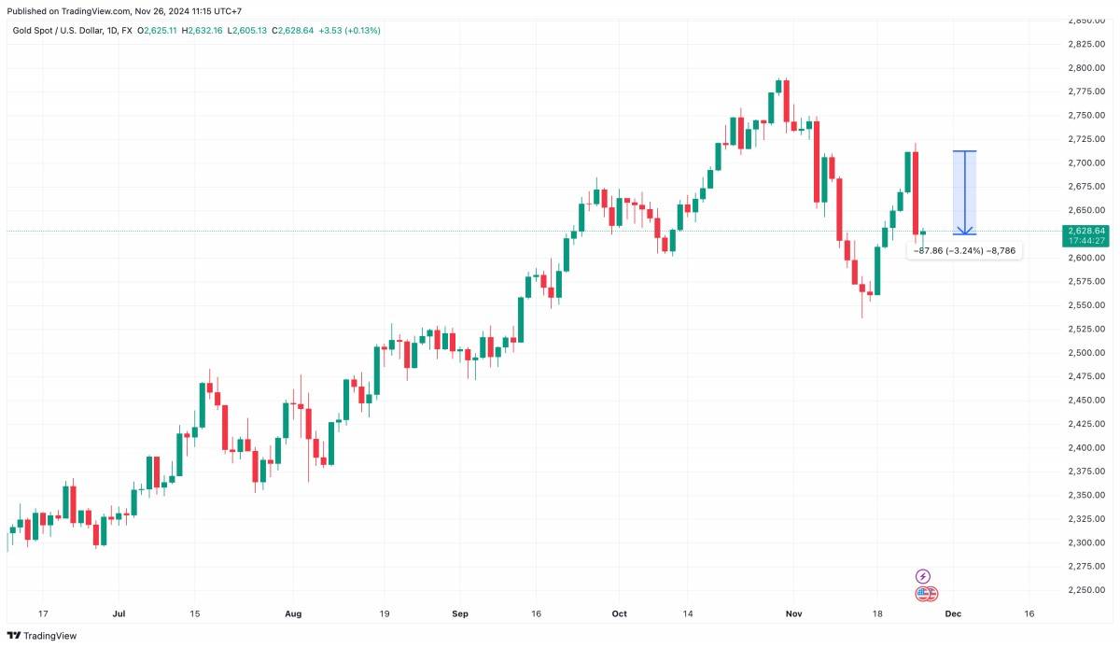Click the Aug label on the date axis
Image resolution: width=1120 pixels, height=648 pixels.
pyautogui.click(x=293, y=613)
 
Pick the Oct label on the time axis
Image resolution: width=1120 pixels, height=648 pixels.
pyautogui.click(x=620, y=613)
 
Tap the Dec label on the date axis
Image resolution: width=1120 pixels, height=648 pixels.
pyautogui.click(x=953, y=613)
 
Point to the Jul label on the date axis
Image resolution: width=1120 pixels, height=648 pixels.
pyautogui.click(x=119, y=613)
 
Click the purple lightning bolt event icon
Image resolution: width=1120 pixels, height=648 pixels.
pyautogui.click(x=923, y=576)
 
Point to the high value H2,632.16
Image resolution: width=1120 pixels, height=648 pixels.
pyautogui.click(x=204, y=31)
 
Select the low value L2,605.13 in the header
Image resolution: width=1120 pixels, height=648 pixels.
pyautogui.click(x=247, y=31)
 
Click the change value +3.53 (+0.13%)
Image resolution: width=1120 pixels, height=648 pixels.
pyautogui.click(x=349, y=31)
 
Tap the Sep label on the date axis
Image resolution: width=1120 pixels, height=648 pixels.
pyautogui.click(x=459, y=613)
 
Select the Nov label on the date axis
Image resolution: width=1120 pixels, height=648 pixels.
pyautogui.click(x=793, y=613)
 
